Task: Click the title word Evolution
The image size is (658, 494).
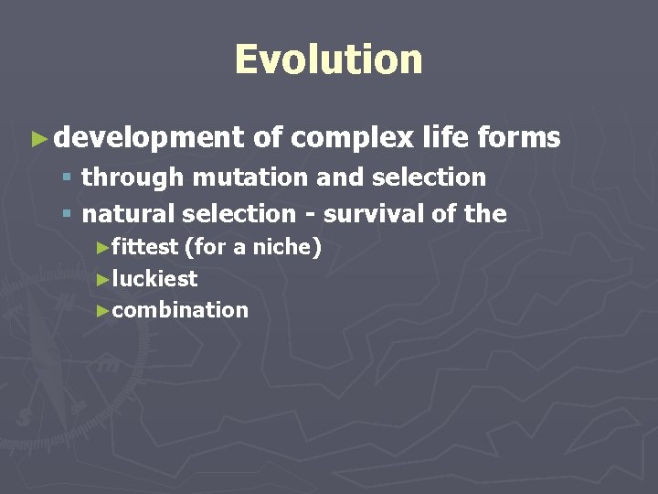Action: point(328,59)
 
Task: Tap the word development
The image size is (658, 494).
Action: point(148,138)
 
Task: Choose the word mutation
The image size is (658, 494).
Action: point(241,177)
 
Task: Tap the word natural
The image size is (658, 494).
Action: point(129,214)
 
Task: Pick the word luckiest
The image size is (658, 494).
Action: point(154,278)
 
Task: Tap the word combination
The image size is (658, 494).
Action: point(180,310)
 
